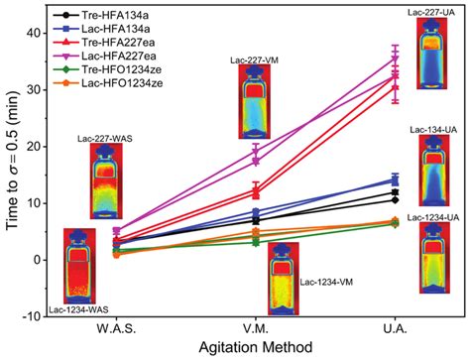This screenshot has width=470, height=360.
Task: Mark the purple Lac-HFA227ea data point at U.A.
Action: (396, 59)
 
